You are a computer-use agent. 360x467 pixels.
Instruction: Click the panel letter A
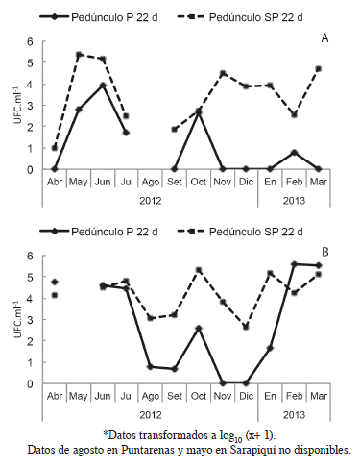click(x=324, y=37)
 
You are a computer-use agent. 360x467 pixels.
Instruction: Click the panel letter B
click(x=324, y=252)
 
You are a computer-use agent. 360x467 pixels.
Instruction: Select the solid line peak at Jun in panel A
click(x=102, y=86)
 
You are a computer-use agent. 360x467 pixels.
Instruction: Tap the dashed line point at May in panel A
click(x=79, y=55)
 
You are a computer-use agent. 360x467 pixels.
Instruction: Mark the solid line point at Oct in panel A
click(x=198, y=111)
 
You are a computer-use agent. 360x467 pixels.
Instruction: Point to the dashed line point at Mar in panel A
click(x=318, y=69)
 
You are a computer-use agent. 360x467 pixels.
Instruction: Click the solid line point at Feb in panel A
click(x=294, y=152)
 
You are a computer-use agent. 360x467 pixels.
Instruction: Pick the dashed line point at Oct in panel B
click(x=198, y=270)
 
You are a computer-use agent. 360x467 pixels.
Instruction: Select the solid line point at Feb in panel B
click(x=294, y=264)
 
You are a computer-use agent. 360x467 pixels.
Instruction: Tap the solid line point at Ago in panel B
click(x=150, y=366)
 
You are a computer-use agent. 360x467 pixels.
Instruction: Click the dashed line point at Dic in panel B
click(x=246, y=327)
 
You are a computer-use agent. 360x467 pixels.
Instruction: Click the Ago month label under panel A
click(x=150, y=182)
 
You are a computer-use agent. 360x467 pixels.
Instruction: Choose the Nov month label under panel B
click(x=222, y=396)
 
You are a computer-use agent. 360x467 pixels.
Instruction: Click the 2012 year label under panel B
click(x=150, y=415)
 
